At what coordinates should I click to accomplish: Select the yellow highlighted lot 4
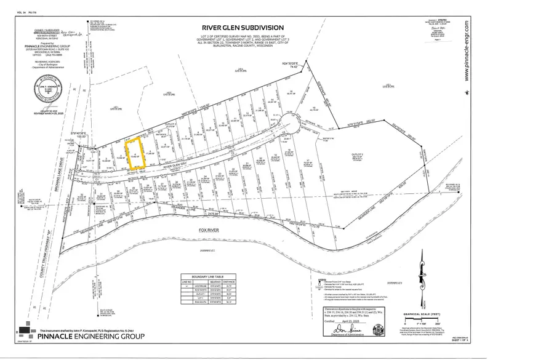[x=135, y=153]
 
